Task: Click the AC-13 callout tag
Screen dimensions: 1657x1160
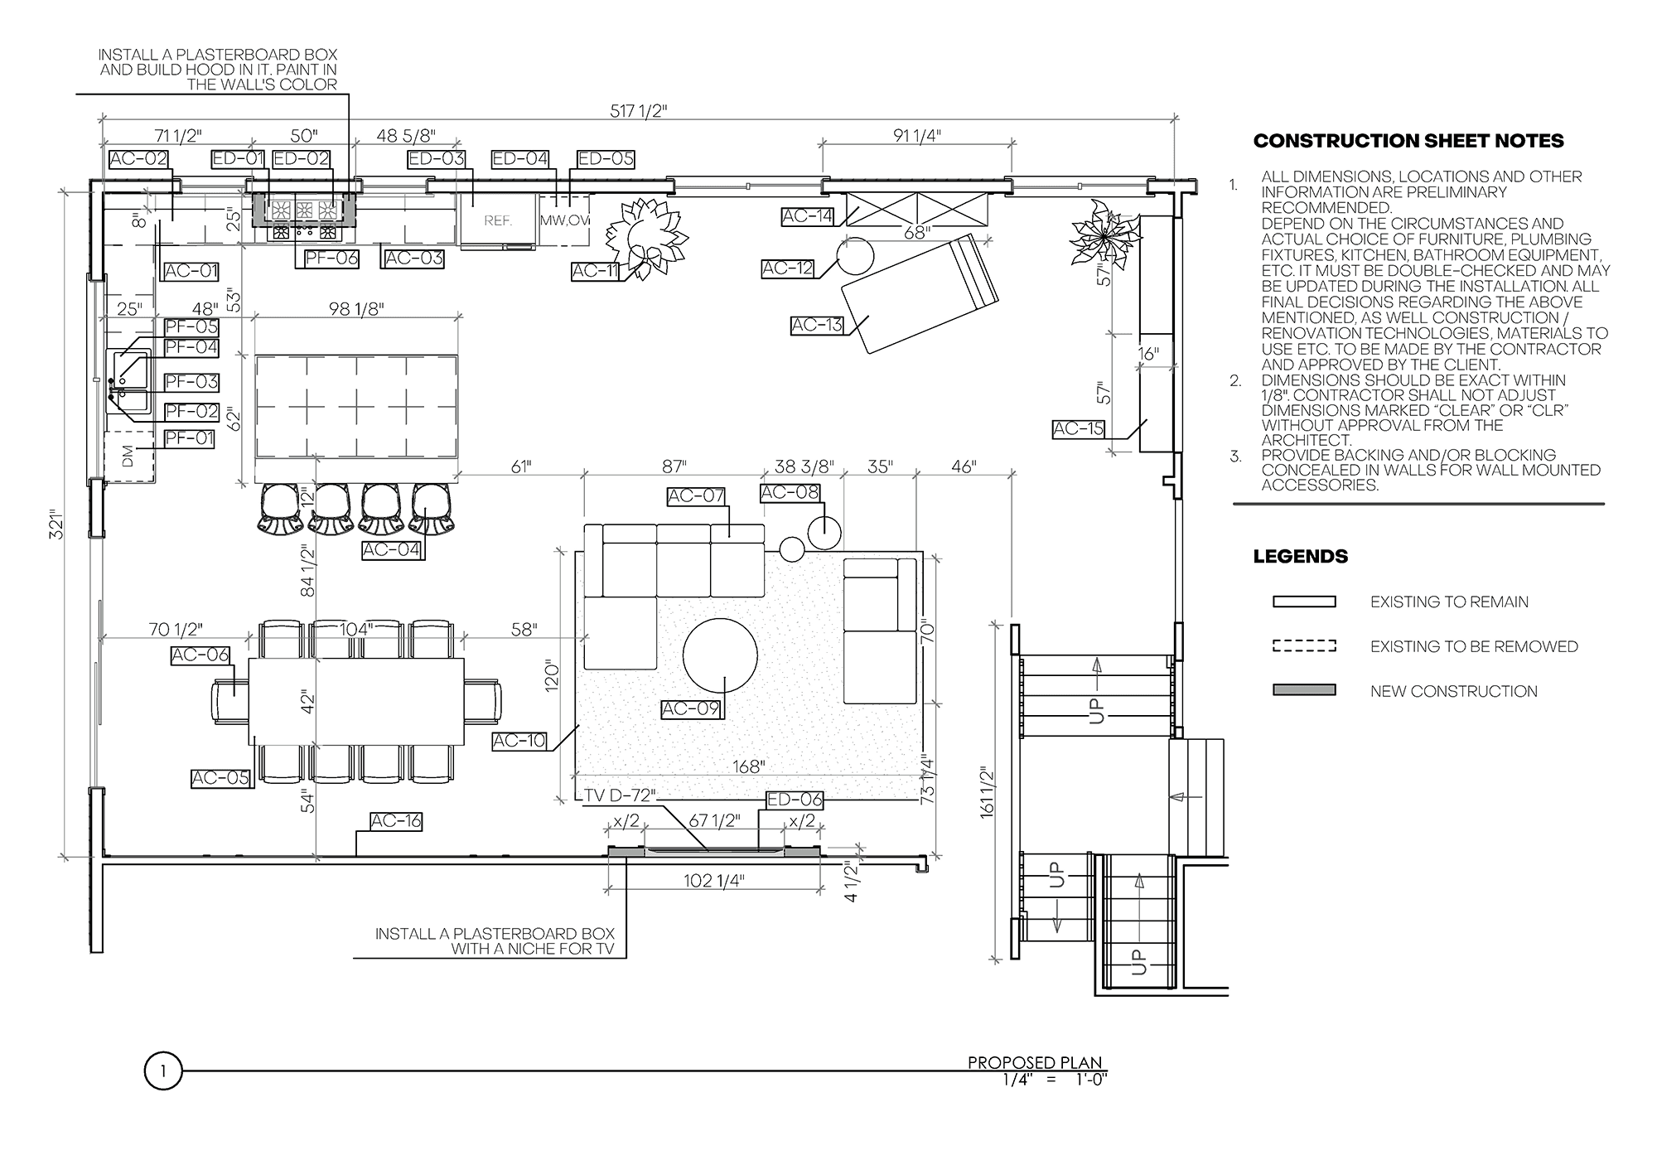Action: [x=817, y=326]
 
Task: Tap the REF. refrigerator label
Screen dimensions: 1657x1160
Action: [x=498, y=221]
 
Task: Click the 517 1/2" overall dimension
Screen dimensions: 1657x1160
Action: [x=638, y=111]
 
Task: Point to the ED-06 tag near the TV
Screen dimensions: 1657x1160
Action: [x=795, y=800]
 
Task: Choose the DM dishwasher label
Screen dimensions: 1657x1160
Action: [x=128, y=457]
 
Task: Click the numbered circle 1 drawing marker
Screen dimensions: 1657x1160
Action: [x=163, y=1071]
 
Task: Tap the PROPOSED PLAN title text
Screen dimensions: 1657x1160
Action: [x=1036, y=1063]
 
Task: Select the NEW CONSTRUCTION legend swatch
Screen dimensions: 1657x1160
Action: [x=1304, y=690]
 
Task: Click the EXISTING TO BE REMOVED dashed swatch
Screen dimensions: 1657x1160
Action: [x=1304, y=646]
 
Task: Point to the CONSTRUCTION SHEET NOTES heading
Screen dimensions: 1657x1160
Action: [x=1408, y=141]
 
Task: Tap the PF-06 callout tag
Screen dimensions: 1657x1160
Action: [x=331, y=258]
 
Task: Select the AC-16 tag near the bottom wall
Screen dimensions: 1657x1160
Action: [x=396, y=821]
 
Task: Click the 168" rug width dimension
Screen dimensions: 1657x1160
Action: [x=747, y=767]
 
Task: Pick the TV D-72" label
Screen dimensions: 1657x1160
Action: [x=620, y=795]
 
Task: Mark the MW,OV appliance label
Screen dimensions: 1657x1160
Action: [x=565, y=221]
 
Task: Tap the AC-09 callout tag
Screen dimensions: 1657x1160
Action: [x=690, y=709]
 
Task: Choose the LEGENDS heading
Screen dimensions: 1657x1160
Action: [x=1301, y=557]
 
